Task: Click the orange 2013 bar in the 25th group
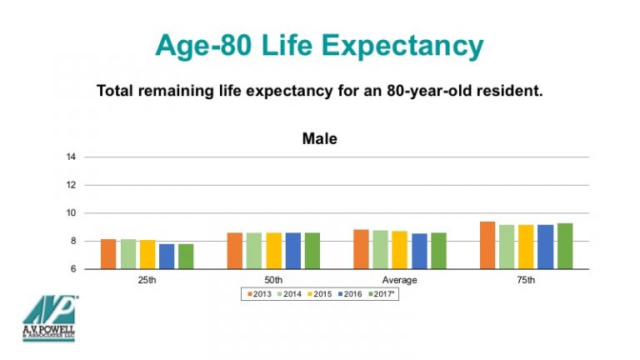[108, 254]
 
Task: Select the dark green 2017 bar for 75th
[565, 246]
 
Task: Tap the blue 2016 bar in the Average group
[419, 251]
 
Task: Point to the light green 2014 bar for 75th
[507, 247]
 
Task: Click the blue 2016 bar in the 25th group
[167, 257]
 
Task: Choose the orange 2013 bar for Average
[361, 249]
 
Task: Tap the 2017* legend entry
[385, 293]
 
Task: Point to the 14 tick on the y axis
[72, 157]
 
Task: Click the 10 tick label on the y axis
[72, 213]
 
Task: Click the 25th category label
[147, 280]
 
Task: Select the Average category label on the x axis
[399, 280]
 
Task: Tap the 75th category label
[526, 280]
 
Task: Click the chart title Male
[319, 139]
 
